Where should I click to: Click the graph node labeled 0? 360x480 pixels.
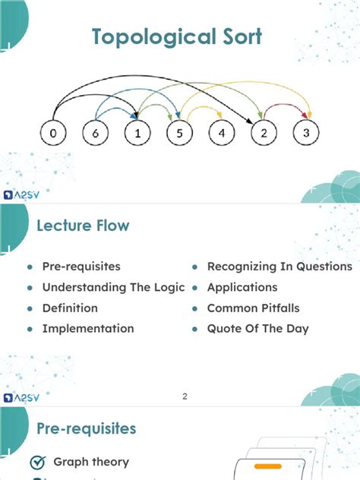point(53,133)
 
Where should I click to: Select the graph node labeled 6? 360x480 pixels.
point(95,133)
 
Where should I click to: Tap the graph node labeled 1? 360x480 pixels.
point(137,133)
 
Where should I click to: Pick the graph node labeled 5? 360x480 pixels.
point(180,133)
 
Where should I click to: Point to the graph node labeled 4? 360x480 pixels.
point(222,133)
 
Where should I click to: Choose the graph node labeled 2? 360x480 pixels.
point(264,133)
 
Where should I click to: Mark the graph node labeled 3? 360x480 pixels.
point(306,133)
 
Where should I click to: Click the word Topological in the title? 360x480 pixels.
point(153,36)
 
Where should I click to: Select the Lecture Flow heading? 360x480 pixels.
point(83,226)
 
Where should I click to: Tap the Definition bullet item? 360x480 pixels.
point(70,308)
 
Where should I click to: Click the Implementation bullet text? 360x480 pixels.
point(88,329)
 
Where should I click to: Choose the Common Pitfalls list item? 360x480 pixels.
point(254,308)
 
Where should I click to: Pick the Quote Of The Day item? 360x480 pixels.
point(258,329)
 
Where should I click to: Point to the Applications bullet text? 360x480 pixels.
point(242,287)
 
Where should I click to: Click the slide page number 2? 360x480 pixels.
point(185,396)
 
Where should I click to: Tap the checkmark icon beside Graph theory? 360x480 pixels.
point(38,463)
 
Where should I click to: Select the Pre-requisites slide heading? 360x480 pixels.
point(87,428)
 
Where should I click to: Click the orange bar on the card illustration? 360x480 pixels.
point(268,466)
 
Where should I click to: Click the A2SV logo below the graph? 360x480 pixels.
point(21,194)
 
